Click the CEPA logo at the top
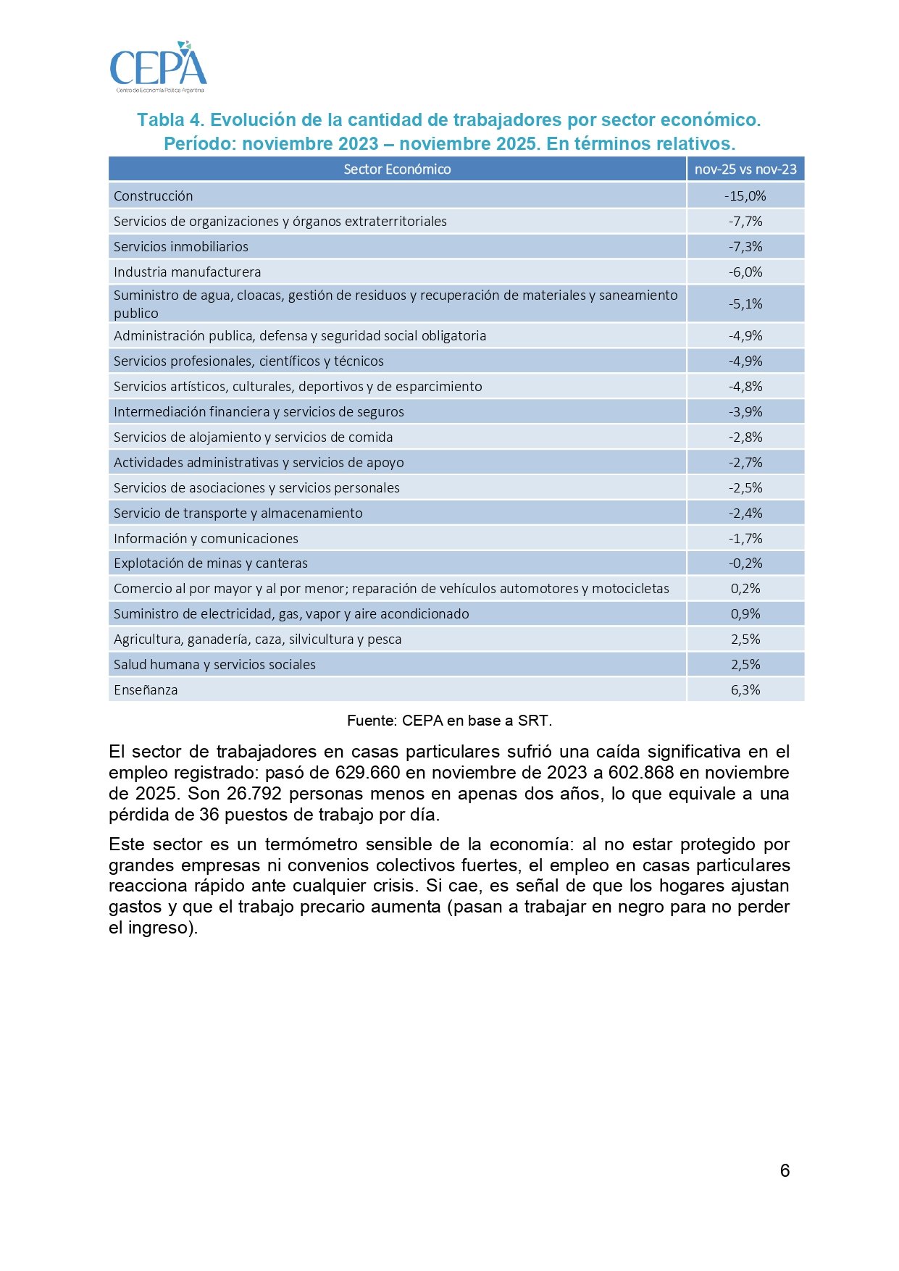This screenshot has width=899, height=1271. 158,67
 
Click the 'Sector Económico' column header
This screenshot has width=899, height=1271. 397,169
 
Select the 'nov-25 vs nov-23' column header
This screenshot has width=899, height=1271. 745,169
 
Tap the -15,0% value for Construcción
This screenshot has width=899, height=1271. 745,196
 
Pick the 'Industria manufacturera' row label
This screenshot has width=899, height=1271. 187,272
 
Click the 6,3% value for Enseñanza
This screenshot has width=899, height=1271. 745,690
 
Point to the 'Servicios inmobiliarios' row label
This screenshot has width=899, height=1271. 180,247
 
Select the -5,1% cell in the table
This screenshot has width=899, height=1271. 745,304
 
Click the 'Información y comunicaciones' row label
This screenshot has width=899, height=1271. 206,539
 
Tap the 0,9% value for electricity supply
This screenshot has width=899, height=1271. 745,614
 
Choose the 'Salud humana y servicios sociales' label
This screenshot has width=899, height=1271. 214,665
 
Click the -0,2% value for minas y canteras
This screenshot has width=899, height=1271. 745,563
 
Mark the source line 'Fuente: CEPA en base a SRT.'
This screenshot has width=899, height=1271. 449,721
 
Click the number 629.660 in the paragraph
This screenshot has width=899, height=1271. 367,773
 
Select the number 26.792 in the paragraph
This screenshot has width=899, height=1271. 254,794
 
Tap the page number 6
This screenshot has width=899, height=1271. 785,1171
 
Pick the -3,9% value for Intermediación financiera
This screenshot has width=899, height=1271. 745,412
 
